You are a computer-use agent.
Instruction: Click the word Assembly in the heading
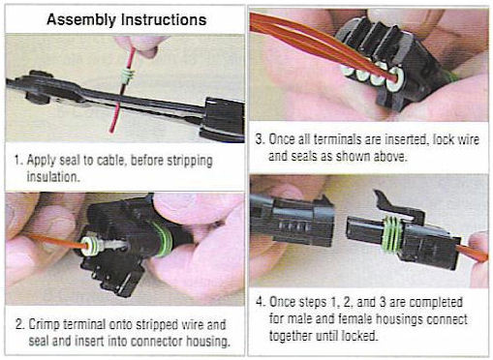(78, 18)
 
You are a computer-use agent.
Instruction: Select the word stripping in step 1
(181, 159)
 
